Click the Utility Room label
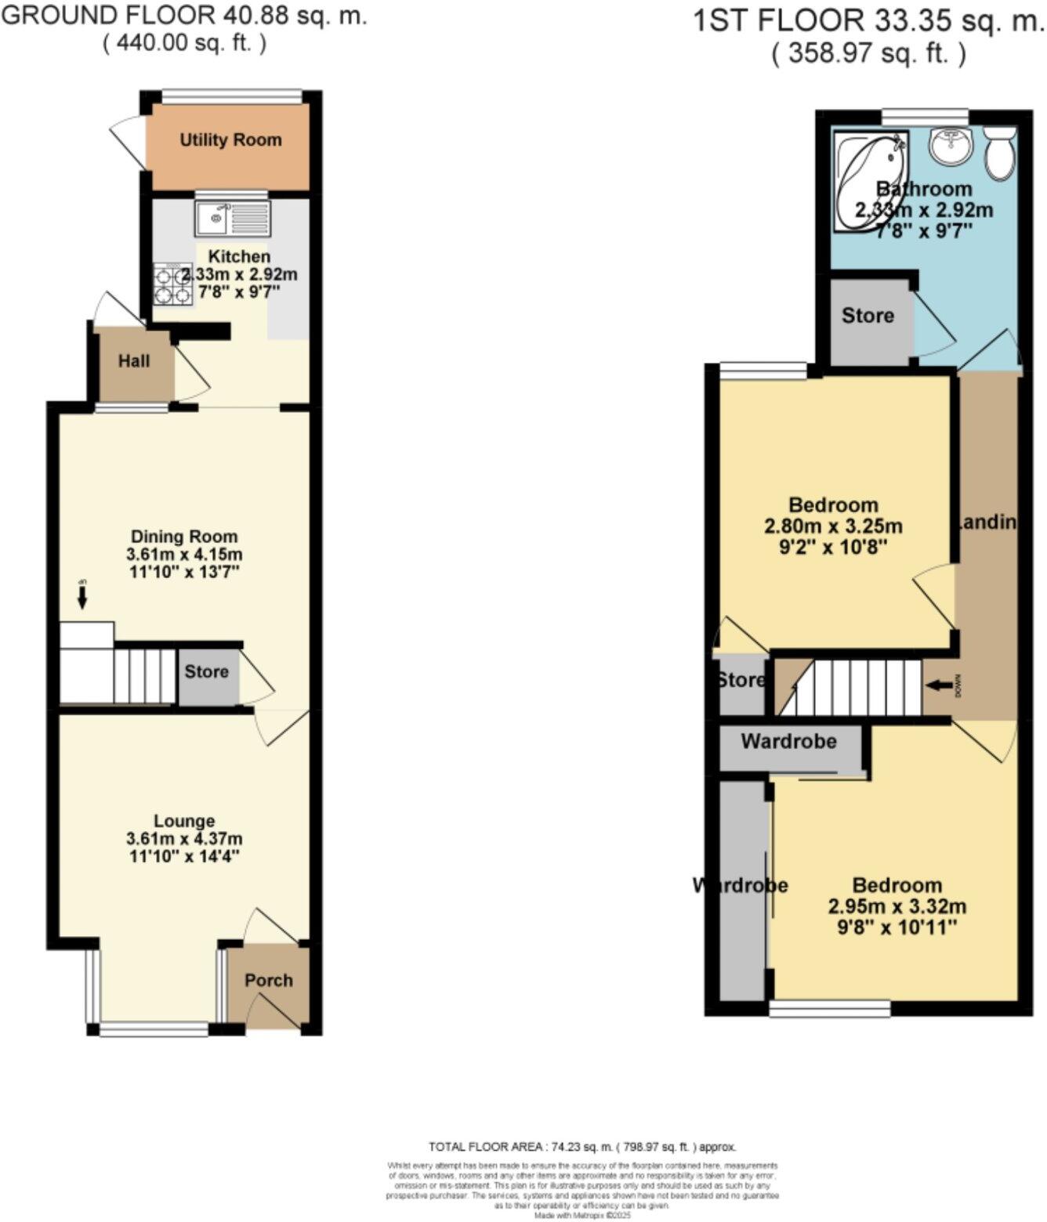230,140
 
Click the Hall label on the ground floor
134,361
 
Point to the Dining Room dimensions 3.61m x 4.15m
184,555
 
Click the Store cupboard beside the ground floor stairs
207,672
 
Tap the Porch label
268,980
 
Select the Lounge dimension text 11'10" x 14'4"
184,856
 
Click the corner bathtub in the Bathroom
866,180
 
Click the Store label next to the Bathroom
868,316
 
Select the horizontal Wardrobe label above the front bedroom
788,741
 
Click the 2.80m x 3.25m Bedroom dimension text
833,526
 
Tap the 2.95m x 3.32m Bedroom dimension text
897,907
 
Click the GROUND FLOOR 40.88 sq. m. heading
185,16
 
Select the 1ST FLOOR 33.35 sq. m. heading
868,21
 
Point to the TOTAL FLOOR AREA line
582,1147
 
